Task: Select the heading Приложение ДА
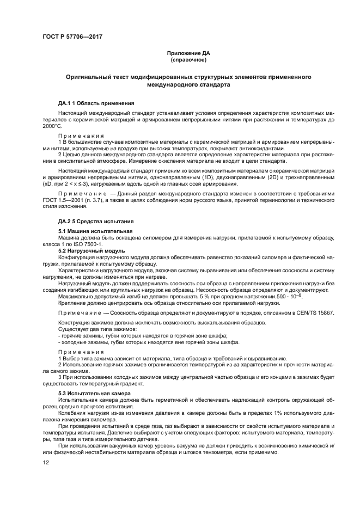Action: [x=188, y=53]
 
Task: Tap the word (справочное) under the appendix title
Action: [x=188, y=60]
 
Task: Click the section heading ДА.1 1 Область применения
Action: [x=96, y=103]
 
